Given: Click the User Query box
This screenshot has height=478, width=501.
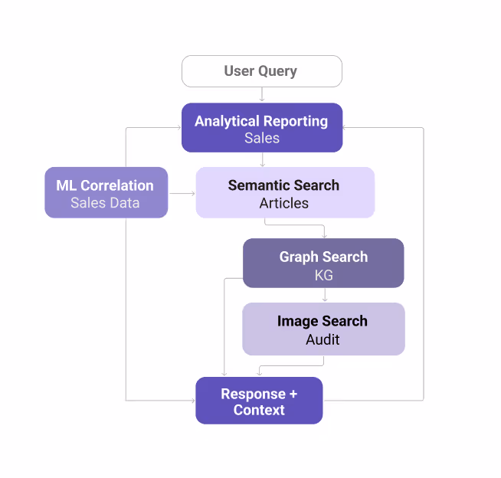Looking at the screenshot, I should tap(261, 71).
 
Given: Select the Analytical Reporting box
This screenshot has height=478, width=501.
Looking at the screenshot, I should tap(261, 128).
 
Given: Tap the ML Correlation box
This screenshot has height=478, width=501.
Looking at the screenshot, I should tap(106, 192).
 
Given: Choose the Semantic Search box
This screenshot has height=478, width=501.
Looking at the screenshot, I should tap(284, 193).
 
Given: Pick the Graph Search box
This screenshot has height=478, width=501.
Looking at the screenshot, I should tap(323, 264).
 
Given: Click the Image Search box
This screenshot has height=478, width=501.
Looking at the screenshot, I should tap(323, 329).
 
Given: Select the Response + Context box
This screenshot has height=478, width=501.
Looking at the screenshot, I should tap(259, 401).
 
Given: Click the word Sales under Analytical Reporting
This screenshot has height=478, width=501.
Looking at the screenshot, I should tap(262, 139).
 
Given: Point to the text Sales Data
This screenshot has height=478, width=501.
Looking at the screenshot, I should tap(105, 203).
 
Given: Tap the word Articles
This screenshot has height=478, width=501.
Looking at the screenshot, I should tap(284, 204).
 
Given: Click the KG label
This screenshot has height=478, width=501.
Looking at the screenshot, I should tap(323, 275).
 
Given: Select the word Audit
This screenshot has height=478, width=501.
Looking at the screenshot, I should tap(323, 339).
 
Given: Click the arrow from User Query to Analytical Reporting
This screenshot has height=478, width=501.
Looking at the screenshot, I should tap(262, 95).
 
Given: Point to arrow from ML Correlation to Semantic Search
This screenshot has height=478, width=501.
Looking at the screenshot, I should tap(182, 193).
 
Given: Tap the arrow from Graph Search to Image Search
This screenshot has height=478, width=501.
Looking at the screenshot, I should tap(324, 295).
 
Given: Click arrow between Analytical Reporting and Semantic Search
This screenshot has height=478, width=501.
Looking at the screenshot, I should tap(262, 159).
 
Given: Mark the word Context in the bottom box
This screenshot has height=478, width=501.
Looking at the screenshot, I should tap(259, 410).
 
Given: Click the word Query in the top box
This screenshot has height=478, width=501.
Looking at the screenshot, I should tap(278, 71).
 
